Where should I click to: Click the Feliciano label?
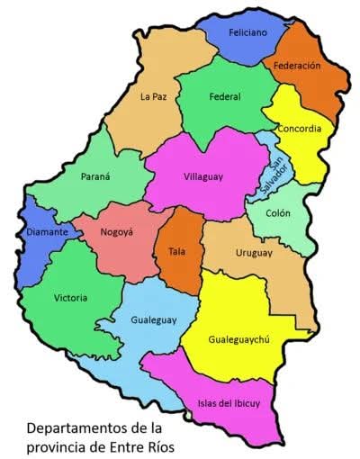click(x=247, y=31)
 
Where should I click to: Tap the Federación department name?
click(x=297, y=66)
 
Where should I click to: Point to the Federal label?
click(x=224, y=96)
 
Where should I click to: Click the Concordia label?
click(x=299, y=129)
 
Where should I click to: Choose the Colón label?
click(x=279, y=214)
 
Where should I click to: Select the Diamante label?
click(x=48, y=232)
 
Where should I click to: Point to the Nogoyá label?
click(x=116, y=231)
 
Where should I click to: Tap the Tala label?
click(x=176, y=251)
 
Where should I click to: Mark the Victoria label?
click(x=71, y=297)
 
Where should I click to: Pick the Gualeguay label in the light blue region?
click(x=154, y=319)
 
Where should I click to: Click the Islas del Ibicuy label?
click(x=229, y=402)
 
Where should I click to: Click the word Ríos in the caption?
click(x=154, y=445)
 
